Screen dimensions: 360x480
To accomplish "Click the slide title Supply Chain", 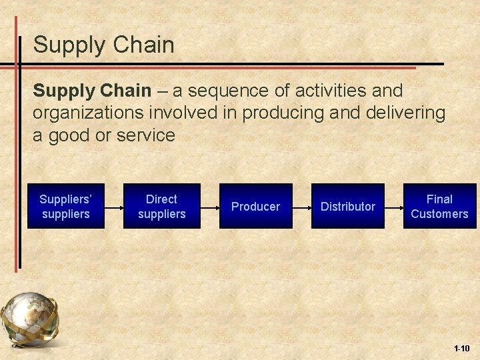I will [x=103, y=45].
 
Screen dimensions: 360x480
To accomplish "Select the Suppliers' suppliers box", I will [x=65, y=206].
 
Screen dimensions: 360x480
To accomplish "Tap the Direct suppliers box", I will [x=161, y=206].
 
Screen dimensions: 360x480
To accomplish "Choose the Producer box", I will [x=255, y=206].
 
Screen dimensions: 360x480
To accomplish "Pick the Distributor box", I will [x=347, y=206].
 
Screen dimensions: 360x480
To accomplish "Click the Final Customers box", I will [x=439, y=206].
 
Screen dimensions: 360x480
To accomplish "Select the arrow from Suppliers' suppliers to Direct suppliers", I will [x=114, y=206].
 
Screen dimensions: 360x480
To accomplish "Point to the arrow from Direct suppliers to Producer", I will [x=210, y=206].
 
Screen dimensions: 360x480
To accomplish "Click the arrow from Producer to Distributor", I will [x=302, y=206].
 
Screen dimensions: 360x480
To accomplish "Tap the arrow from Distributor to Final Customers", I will [x=394, y=206].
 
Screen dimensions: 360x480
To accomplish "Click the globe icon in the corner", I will [x=30, y=321].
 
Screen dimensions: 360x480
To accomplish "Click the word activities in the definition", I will [x=322, y=90].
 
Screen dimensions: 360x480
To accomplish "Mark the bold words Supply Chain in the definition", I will [x=90, y=90].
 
